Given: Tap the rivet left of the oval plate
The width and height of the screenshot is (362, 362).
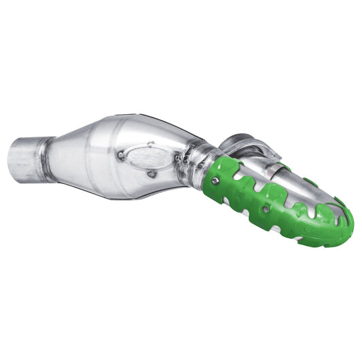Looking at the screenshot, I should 120,155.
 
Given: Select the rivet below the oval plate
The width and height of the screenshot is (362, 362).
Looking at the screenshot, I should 151,174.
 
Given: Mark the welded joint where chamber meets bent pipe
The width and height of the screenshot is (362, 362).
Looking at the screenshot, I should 194,158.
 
